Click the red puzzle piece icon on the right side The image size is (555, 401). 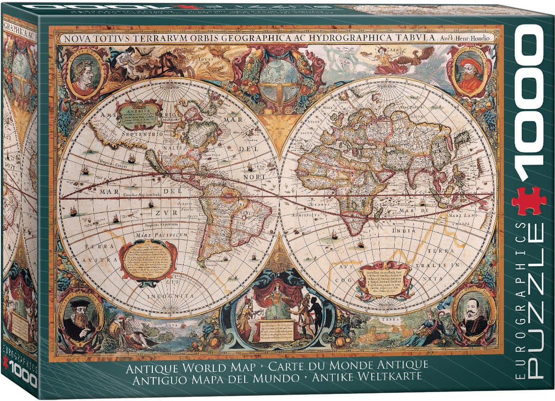coord(529,200)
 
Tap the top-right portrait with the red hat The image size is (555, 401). coord(469,73)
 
